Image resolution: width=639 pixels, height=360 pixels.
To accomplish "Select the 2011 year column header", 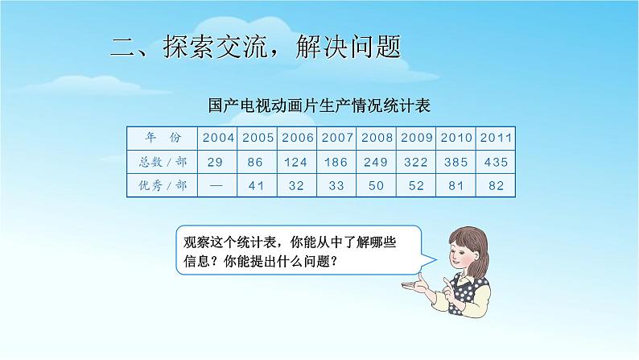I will pos(497,137).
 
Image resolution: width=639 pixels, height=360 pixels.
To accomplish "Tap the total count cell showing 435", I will pos(497,162).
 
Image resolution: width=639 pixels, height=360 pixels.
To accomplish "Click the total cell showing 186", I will pos(337,162).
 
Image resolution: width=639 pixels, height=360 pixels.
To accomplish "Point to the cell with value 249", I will pos(377,162).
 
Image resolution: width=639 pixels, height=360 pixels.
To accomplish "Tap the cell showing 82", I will pos(497,186).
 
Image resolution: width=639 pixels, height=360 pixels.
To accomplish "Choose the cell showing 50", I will pos(377,186).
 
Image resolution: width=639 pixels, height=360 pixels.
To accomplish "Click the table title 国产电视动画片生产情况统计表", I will pos(320,106).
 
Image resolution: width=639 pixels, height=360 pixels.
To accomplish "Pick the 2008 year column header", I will pos(377,137).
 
